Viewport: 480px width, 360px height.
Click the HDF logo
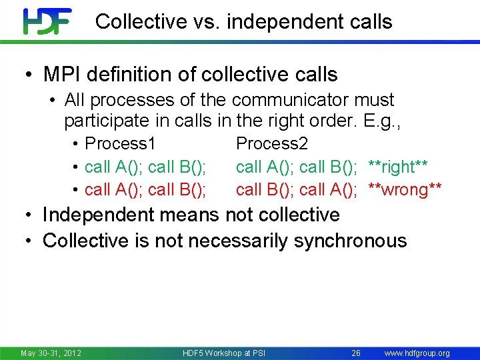coord(47,21)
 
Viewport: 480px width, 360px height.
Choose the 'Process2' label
coord(272,143)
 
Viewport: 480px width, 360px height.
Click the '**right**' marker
coord(399,166)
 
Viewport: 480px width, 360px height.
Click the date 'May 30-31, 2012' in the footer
coord(51,353)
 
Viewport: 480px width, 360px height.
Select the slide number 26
coord(356,353)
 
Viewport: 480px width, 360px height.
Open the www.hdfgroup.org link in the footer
coord(417,353)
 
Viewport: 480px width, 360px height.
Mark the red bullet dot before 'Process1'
coord(77,144)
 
